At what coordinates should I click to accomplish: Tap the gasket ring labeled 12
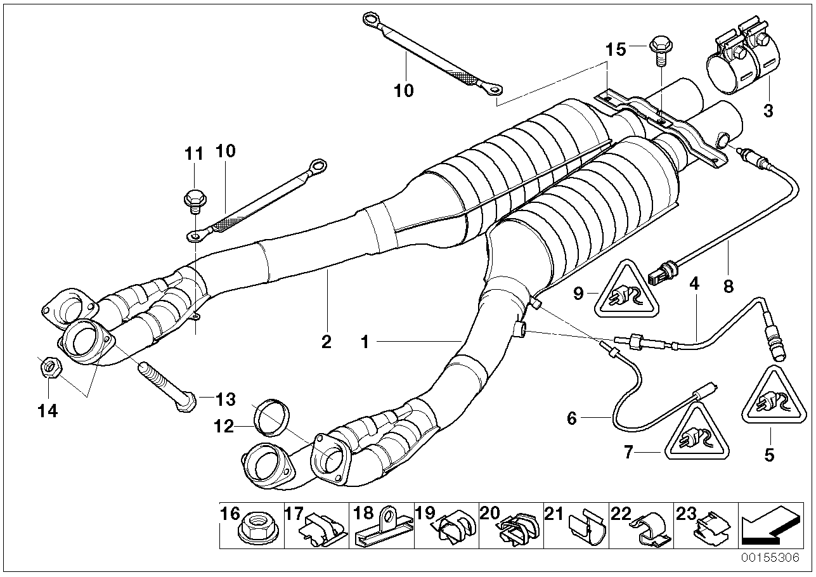tap(271, 418)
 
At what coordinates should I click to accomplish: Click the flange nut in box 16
tap(254, 528)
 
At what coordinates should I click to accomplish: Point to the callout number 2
tap(326, 342)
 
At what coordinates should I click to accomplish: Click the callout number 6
tap(571, 418)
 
